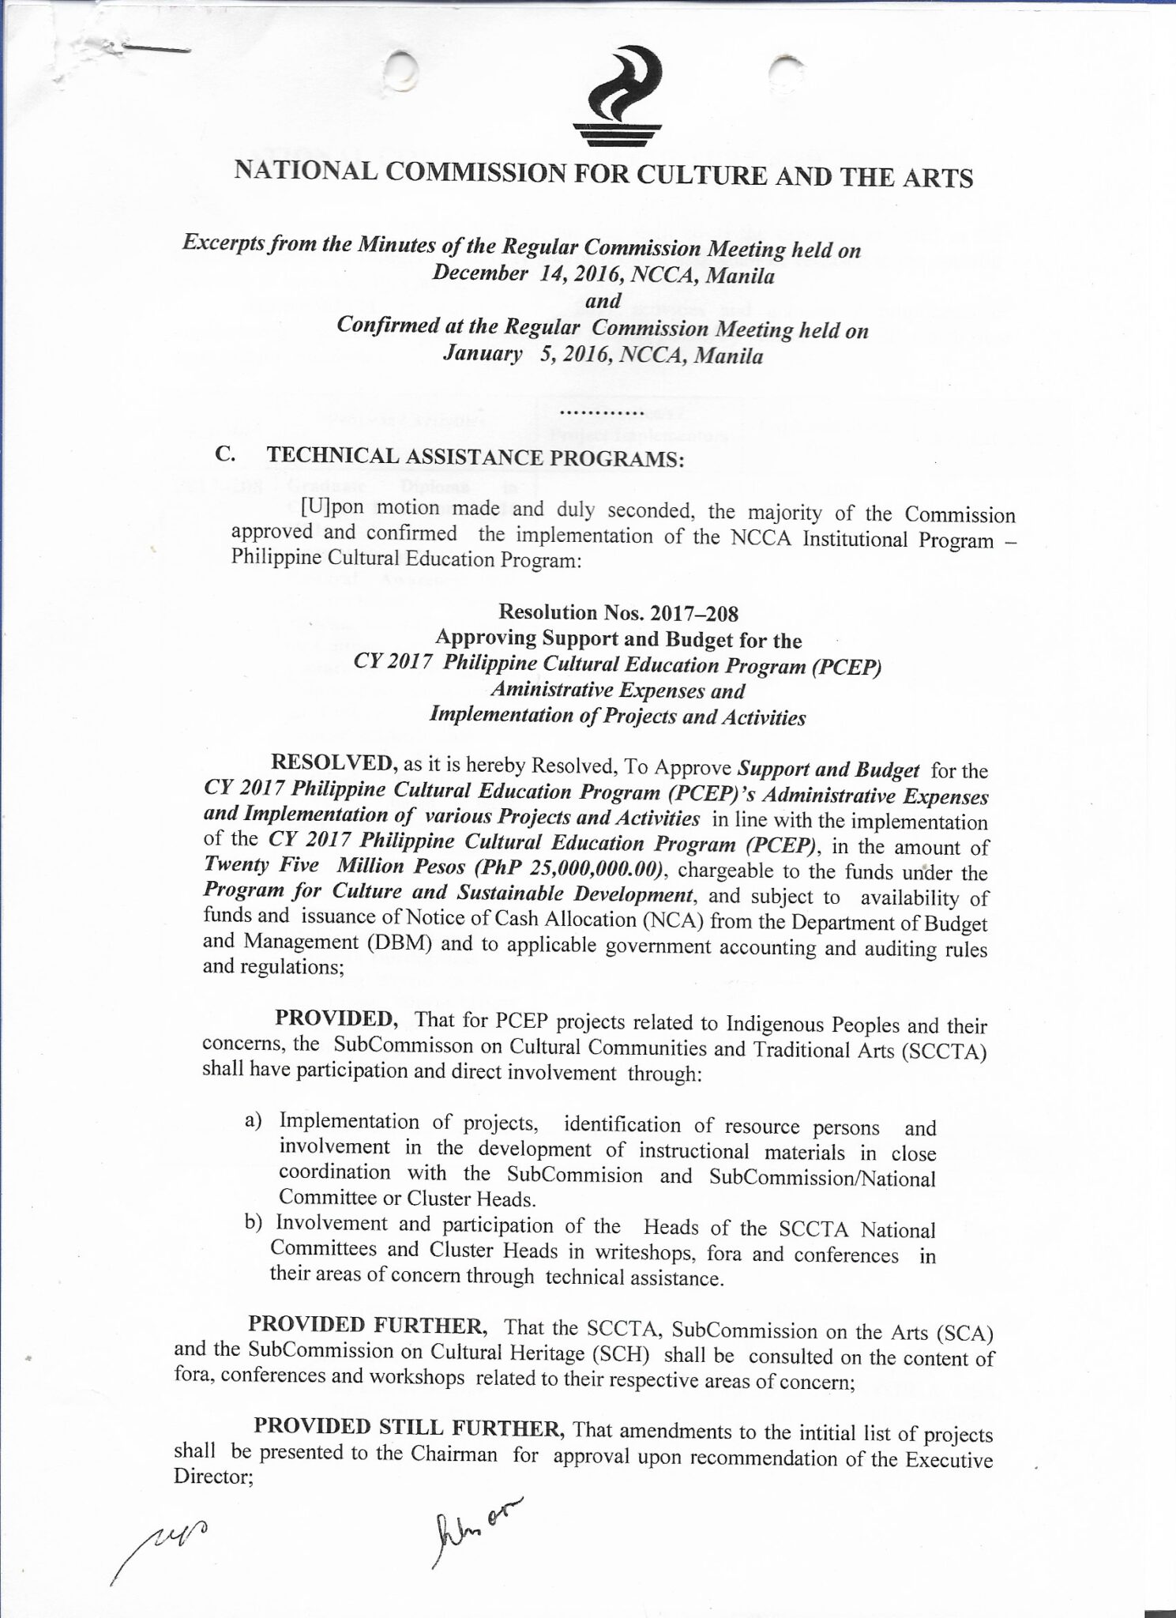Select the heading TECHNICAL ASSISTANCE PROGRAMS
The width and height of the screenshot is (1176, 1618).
coord(475,457)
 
